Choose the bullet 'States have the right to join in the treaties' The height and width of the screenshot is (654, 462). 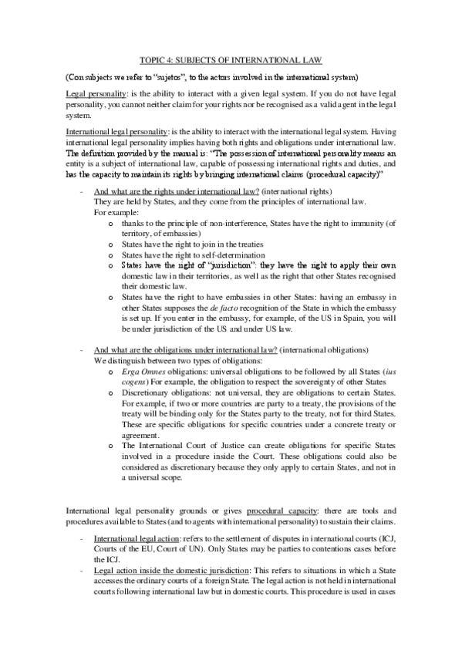188,244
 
